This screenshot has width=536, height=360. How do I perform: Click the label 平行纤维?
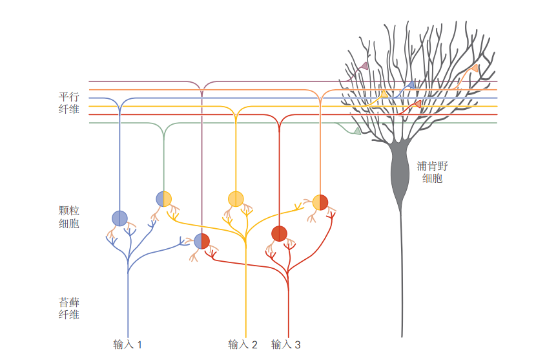click(x=68, y=103)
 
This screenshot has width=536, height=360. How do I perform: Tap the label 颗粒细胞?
click(x=68, y=217)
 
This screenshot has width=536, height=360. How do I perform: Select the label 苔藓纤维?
click(x=68, y=308)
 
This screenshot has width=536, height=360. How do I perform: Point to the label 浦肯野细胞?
click(x=432, y=171)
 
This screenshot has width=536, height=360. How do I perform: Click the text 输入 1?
click(x=127, y=344)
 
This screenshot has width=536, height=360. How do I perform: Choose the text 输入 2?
click(x=243, y=344)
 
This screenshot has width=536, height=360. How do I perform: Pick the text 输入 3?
click(x=286, y=344)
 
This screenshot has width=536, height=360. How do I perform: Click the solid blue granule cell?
click(x=119, y=218)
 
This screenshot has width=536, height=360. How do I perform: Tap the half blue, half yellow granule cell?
click(x=164, y=198)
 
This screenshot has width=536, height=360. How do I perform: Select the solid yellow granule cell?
click(x=236, y=198)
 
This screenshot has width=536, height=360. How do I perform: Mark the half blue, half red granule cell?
click(x=202, y=241)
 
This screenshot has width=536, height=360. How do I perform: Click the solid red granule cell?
click(x=279, y=233)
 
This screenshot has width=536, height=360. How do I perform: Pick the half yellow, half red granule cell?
click(x=320, y=202)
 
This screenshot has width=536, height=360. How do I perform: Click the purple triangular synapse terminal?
click(x=364, y=66)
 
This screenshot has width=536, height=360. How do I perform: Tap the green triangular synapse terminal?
click(x=357, y=131)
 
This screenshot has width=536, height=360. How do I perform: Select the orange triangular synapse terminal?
click(x=475, y=68)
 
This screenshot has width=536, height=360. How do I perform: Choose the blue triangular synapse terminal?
click(x=410, y=85)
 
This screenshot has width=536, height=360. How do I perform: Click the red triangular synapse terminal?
click(x=417, y=104)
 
